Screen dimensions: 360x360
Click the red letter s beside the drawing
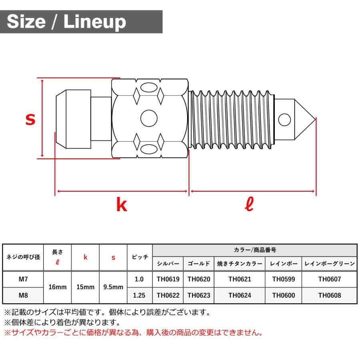[x=30, y=119]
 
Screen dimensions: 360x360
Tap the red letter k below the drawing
[x=121, y=205]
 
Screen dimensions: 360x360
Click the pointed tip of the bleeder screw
[x=314, y=119]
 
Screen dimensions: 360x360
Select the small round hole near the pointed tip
[x=284, y=119]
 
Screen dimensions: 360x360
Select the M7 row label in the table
[x=23, y=279]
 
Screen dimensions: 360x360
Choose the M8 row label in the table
[x=23, y=296]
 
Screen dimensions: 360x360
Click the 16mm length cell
[x=57, y=287]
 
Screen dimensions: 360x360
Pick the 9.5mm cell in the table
[x=113, y=287]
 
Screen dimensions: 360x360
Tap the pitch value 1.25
[x=139, y=296]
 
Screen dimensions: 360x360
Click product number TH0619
[x=168, y=279]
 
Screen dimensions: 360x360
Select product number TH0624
[x=240, y=296]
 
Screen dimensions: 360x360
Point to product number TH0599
[x=283, y=279]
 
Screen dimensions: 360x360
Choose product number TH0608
[x=330, y=296]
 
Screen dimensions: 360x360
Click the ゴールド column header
[x=199, y=264]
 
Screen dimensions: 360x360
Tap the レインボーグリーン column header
[x=330, y=264]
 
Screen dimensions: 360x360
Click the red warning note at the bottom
[x=134, y=332]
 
